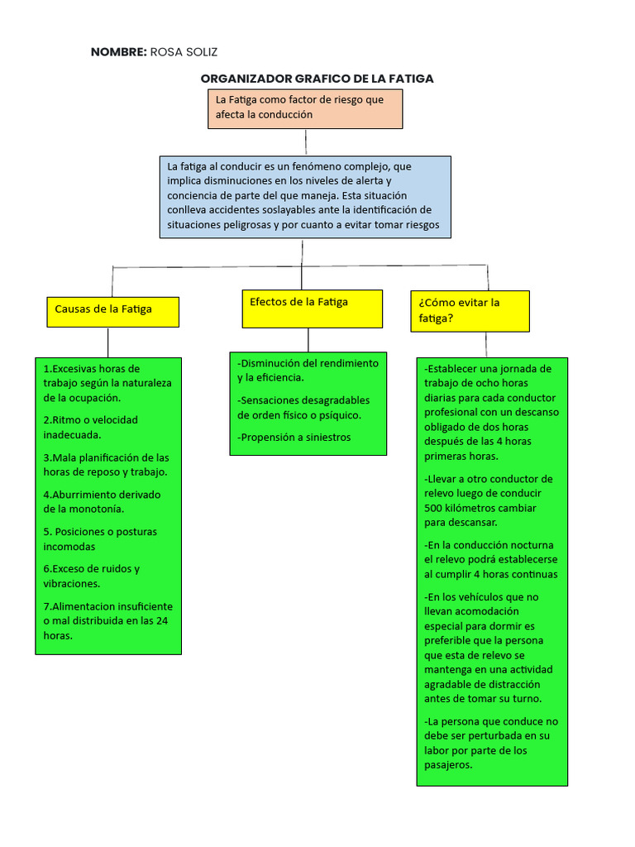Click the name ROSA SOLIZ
click(x=184, y=52)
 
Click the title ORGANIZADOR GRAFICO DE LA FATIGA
click(x=317, y=79)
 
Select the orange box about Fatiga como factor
click(x=305, y=108)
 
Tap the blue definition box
click(x=305, y=196)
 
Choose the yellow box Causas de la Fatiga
click(x=112, y=309)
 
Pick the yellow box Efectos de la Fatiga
click(x=312, y=308)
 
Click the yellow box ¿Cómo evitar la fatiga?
click(x=470, y=310)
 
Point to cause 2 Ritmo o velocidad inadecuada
click(x=91, y=427)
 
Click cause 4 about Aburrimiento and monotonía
click(x=102, y=501)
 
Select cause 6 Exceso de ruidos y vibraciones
click(x=92, y=576)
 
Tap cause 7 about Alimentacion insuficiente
click(x=107, y=620)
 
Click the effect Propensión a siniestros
click(x=294, y=437)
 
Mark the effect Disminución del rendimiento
click(x=308, y=370)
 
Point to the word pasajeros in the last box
click(x=448, y=765)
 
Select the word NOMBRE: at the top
click(x=118, y=52)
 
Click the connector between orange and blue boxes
click(x=305, y=142)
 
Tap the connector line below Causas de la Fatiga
click(x=107, y=342)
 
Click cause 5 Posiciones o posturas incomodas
click(x=100, y=538)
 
